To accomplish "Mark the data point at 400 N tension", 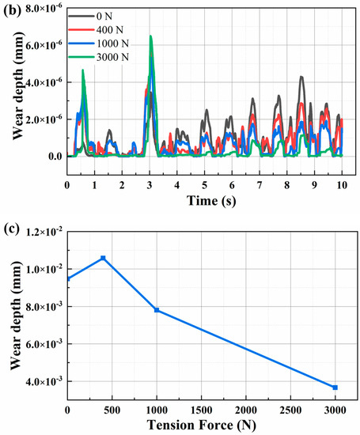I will tap(103, 258).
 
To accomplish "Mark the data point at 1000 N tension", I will tap(157, 310).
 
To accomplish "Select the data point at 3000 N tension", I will tap(335, 387).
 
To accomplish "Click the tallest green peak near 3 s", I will tap(150, 36).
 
